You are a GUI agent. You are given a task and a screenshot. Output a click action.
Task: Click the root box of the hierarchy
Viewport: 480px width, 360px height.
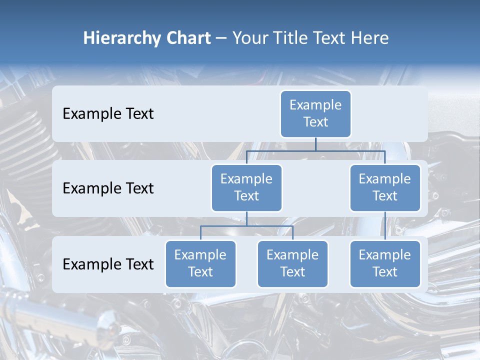pyautogui.click(x=315, y=114)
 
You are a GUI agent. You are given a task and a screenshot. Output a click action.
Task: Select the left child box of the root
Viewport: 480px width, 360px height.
pyautogui.click(x=246, y=188)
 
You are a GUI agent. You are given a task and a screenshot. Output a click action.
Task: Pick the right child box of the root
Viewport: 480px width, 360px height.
pyautogui.click(x=385, y=188)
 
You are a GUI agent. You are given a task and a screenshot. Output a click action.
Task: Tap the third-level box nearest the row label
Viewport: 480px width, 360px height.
pyautogui.click(x=200, y=264)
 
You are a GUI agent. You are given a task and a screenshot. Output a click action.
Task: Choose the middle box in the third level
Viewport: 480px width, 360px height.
pyautogui.click(x=292, y=264)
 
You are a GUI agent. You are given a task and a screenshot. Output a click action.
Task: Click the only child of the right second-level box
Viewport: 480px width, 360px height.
pyautogui.click(x=385, y=264)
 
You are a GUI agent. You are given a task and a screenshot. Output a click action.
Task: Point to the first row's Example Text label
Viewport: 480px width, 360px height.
pyautogui.click(x=108, y=114)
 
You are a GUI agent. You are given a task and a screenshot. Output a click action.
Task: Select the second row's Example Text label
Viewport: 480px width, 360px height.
pyautogui.click(x=108, y=188)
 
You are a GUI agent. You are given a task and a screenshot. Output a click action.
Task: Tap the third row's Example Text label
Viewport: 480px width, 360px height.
pyautogui.click(x=108, y=264)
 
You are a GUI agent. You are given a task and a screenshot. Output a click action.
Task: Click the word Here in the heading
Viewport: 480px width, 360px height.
pyautogui.click(x=369, y=38)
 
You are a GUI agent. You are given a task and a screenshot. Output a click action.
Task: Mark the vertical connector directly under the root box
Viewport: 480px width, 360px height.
pyautogui.click(x=315, y=144)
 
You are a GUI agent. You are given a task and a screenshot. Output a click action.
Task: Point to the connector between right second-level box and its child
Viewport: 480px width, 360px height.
pyautogui.click(x=385, y=226)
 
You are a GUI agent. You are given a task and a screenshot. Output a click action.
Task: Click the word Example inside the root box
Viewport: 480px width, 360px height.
pyautogui.click(x=315, y=105)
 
